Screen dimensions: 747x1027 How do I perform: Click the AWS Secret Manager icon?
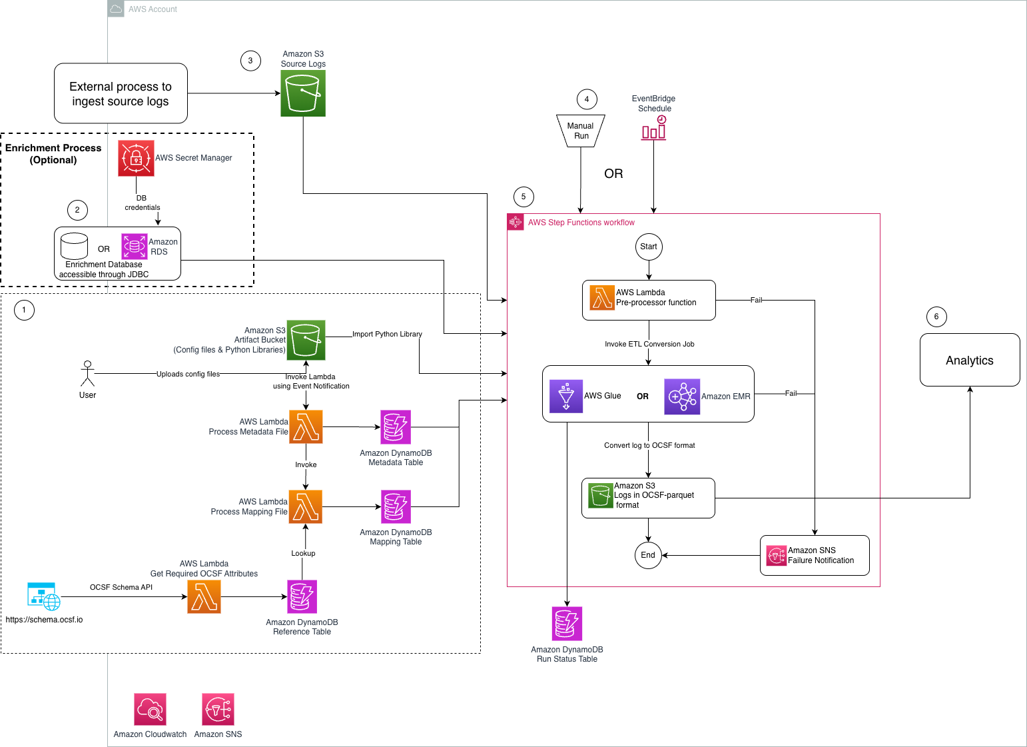tap(136, 158)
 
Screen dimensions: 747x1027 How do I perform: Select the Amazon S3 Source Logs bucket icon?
tap(303, 93)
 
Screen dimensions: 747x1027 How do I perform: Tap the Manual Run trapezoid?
tap(581, 131)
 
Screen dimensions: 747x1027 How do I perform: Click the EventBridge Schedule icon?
tap(653, 128)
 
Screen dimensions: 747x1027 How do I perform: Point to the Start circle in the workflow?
tap(649, 247)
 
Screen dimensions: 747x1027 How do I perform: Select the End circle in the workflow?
tap(648, 555)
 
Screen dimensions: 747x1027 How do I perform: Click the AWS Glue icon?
tap(566, 396)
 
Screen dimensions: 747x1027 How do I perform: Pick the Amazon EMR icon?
tap(682, 396)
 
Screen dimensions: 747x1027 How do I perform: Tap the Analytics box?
tap(970, 360)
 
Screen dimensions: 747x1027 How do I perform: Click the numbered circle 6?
tap(936, 317)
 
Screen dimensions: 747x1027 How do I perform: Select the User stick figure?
tap(87, 374)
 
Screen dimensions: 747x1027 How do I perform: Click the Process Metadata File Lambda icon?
tap(306, 426)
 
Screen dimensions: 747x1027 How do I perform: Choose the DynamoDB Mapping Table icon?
tap(396, 506)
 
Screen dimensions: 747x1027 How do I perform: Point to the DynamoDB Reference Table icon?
tap(302, 596)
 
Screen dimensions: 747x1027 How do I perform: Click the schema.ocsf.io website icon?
tap(43, 596)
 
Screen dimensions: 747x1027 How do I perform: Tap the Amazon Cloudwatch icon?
tap(150, 709)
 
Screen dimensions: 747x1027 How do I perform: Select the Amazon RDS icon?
tap(134, 246)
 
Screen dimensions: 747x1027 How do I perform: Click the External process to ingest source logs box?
tap(121, 93)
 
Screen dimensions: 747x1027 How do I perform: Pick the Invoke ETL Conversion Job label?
tap(649, 344)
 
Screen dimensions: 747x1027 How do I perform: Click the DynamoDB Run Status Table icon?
tap(567, 623)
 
